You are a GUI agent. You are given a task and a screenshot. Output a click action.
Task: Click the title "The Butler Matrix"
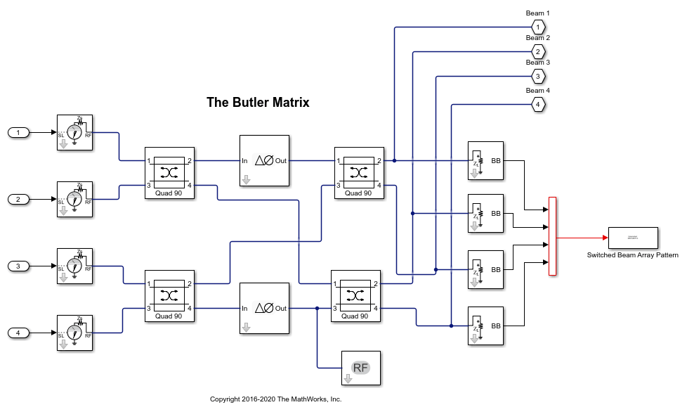pos(258,103)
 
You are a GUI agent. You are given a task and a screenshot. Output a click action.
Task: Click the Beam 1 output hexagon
pos(537,27)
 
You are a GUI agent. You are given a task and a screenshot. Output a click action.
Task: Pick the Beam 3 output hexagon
pos(537,76)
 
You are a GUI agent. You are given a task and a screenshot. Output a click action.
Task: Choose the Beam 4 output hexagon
pos(537,104)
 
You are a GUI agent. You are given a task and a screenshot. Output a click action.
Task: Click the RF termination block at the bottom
pos(360,368)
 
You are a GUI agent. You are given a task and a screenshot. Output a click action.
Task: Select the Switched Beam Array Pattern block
pos(632,238)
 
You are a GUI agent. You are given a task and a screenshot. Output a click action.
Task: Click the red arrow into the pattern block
pos(583,238)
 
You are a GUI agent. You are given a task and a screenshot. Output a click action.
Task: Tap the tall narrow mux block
pos(552,236)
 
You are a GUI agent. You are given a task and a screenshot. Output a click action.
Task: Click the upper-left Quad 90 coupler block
pos(169,173)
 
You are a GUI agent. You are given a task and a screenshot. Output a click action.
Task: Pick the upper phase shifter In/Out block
pos(264,160)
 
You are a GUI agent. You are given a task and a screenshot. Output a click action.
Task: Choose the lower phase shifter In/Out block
pos(264,308)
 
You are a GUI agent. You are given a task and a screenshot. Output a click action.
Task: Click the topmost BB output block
pos(485,160)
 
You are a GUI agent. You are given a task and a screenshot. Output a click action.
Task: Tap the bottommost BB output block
pos(485,326)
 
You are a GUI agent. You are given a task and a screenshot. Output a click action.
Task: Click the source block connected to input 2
pos(75,199)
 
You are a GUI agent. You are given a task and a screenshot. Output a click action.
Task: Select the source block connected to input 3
pos(75,266)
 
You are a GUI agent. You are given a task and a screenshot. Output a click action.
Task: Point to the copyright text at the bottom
pos(275,399)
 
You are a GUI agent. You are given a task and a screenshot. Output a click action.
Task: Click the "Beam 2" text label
pos(537,38)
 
